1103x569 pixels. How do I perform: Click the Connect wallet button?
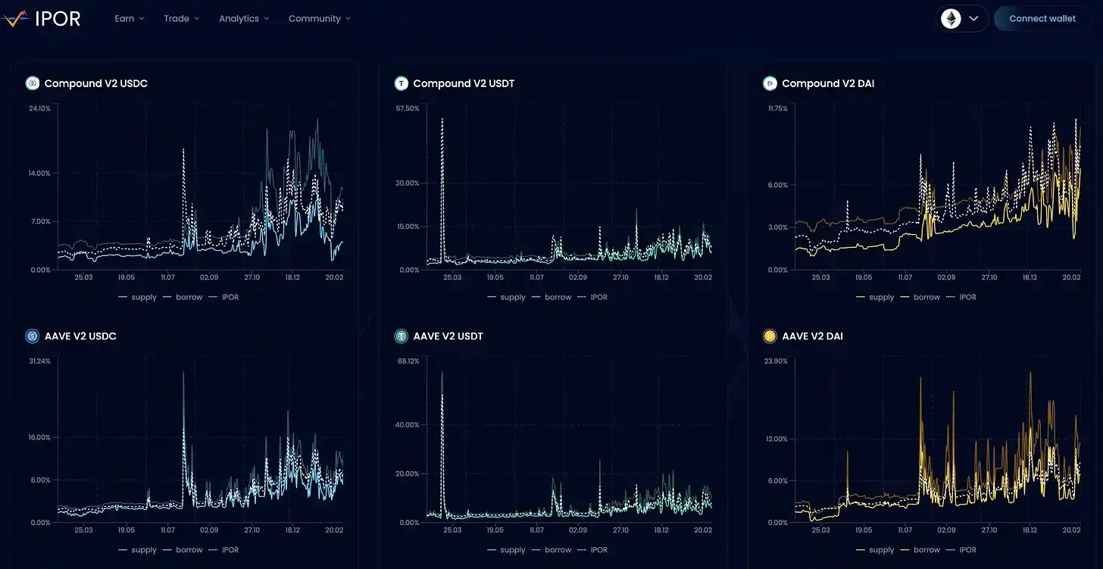coord(1042,18)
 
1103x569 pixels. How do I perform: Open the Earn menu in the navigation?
coord(129,18)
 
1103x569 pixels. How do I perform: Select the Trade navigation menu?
coord(181,18)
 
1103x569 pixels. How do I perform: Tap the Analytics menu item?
coord(243,18)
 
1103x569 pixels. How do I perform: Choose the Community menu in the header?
coord(319,18)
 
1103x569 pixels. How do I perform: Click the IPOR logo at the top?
coord(42,18)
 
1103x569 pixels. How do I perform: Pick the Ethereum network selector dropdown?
coord(962,18)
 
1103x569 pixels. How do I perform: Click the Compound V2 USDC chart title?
coord(95,83)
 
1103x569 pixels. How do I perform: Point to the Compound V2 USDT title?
coord(464,83)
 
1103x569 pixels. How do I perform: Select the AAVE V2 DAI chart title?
coord(812,336)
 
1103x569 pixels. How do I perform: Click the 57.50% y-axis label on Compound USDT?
coord(407,108)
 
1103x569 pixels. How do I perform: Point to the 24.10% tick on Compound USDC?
coord(39,108)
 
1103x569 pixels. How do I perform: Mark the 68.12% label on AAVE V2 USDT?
coord(407,361)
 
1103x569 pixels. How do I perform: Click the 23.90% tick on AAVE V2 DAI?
coord(776,361)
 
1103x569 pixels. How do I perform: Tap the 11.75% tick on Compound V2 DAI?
coord(777,108)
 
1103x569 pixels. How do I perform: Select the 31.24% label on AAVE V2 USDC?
coord(39,361)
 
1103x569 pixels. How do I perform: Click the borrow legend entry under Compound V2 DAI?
coord(926,297)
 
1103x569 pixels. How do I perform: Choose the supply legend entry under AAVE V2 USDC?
coord(143,550)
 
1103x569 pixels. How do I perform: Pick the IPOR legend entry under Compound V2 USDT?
coord(598,297)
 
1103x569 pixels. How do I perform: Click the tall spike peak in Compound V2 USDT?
coord(442,120)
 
